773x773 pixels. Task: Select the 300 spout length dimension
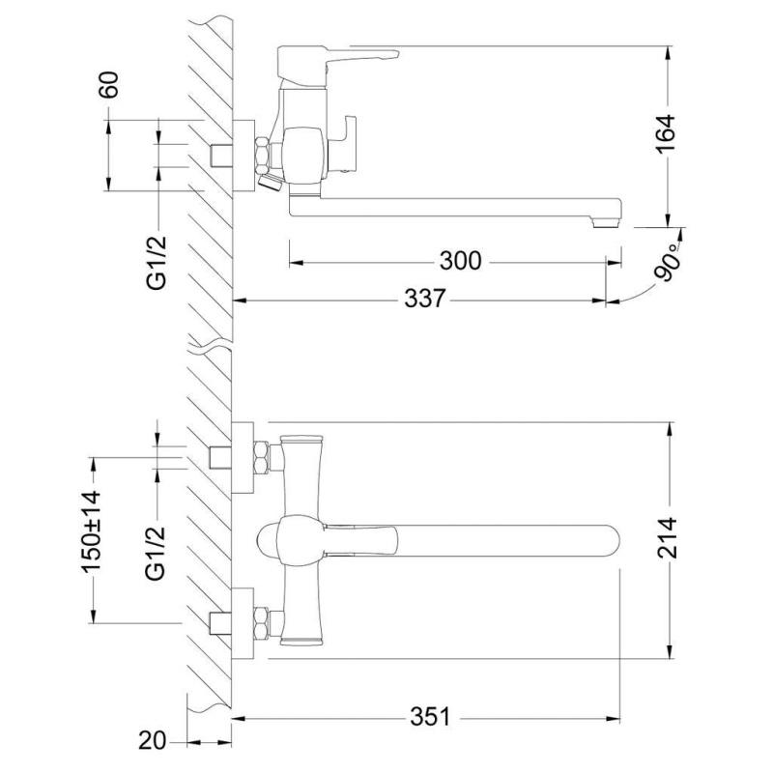point(460,261)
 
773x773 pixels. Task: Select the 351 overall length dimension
point(431,717)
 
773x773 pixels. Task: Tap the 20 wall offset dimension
point(151,742)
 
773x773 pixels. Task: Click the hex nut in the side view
point(263,154)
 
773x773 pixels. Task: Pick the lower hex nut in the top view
point(261,623)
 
